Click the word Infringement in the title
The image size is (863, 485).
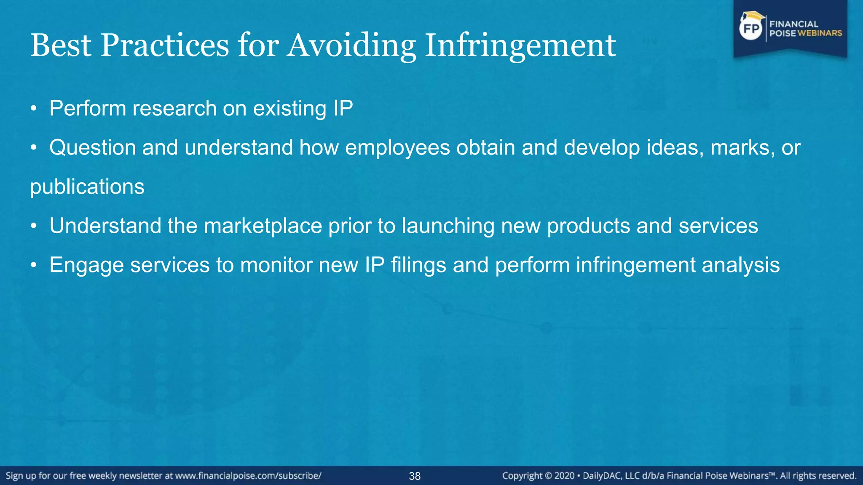(x=520, y=45)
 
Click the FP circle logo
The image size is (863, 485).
(x=751, y=29)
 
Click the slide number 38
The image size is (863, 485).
(x=415, y=476)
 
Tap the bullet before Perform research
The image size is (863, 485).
(x=34, y=109)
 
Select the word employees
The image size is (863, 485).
(x=397, y=148)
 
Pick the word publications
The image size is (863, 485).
(x=87, y=187)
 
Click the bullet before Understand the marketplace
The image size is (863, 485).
(x=34, y=227)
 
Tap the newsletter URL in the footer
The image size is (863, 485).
(x=248, y=476)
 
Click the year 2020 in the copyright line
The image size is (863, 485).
(x=564, y=476)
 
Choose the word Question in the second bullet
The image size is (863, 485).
(x=92, y=148)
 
